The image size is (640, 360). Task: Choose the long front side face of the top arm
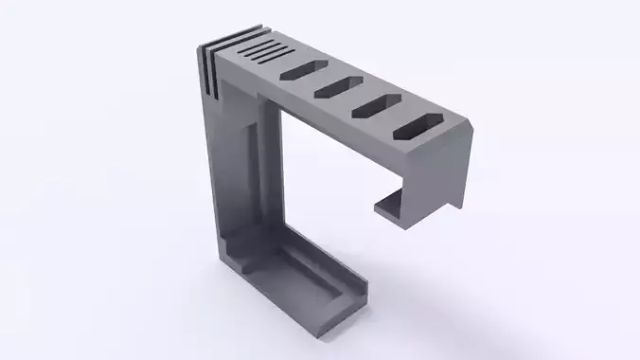[360, 142]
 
